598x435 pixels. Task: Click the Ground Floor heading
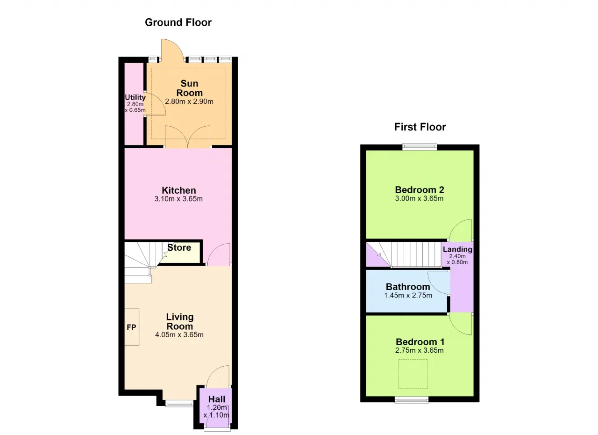(178, 22)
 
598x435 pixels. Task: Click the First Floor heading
(420, 127)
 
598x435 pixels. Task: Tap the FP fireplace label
(131, 327)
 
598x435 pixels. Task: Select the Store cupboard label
(179, 248)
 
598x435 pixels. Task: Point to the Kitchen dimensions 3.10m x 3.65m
(178, 199)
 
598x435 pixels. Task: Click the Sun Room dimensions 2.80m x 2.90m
(189, 101)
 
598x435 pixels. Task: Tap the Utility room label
(135, 97)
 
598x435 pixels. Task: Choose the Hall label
(217, 399)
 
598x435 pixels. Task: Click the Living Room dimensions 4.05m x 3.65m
(179, 335)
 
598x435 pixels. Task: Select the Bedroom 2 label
(420, 190)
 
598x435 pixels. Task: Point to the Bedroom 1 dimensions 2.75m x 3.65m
(420, 350)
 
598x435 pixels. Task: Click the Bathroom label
(408, 287)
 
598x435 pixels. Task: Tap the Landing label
(457, 249)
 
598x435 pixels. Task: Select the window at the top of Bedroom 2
(420, 146)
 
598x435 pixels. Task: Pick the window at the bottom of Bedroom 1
(412, 400)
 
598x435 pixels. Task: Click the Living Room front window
(179, 404)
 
